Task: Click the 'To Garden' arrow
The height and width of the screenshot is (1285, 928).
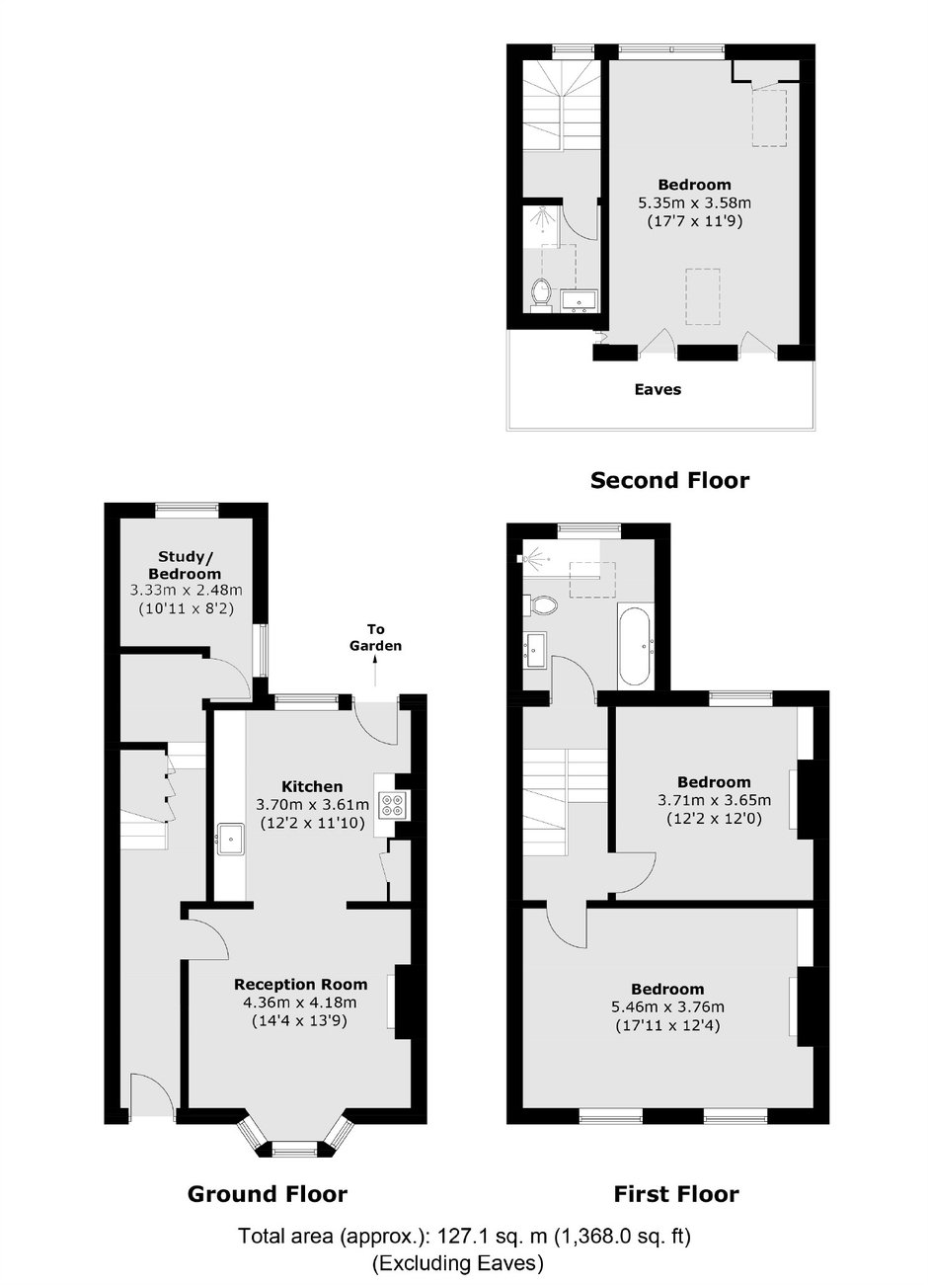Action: coord(376,672)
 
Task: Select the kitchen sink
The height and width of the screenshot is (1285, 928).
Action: coord(231,839)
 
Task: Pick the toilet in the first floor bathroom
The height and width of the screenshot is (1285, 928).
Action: coord(540,604)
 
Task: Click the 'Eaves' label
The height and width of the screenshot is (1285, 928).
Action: coord(657,389)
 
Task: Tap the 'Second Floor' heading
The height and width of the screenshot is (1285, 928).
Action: coord(669,480)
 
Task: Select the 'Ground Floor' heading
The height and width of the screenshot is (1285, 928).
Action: coord(268,1194)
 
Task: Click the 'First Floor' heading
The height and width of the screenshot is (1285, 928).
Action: coord(676,1194)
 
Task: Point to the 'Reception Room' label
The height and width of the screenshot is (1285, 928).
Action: coord(300,985)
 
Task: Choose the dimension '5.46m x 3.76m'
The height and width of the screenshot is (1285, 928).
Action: coord(667,1006)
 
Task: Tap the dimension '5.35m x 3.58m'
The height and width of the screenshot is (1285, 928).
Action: coord(695,202)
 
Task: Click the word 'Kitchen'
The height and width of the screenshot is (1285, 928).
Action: coord(312,786)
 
